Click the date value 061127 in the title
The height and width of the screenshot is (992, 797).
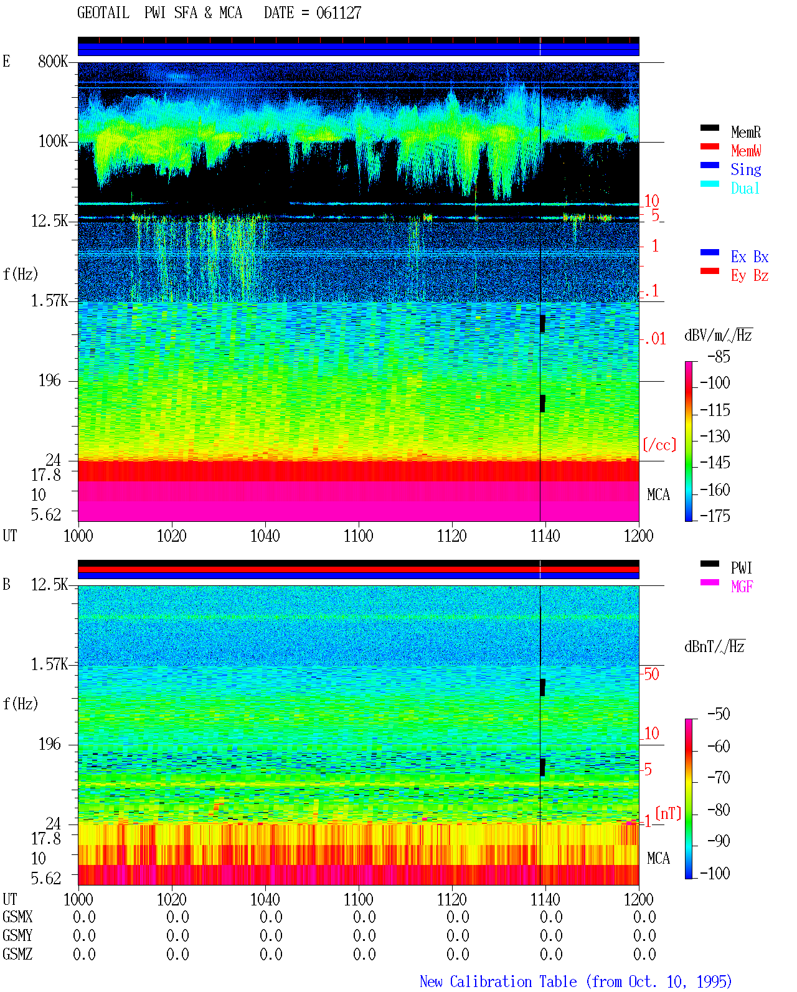tap(338, 13)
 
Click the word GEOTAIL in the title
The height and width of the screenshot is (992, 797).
tap(103, 13)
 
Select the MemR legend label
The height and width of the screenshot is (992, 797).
tap(746, 132)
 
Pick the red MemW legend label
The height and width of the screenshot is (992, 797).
tap(746, 151)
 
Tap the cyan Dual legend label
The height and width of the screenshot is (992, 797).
tap(745, 188)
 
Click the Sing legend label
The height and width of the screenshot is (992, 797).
tap(746, 169)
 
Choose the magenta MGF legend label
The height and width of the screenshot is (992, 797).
tap(742, 587)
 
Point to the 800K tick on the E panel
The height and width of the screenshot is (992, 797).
tap(52, 61)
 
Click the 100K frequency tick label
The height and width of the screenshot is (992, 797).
tap(52, 141)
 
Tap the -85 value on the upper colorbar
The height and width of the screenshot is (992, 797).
tap(719, 356)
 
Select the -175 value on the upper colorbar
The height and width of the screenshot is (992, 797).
tap(715, 516)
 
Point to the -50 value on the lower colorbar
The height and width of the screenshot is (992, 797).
tap(719, 714)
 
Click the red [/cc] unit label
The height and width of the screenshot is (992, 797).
tap(659, 445)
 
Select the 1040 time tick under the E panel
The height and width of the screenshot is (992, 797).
tap(265, 536)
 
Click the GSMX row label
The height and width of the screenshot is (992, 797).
tap(17, 917)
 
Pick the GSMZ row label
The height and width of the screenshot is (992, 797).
tap(17, 954)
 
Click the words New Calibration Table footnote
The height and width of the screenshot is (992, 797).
tap(498, 981)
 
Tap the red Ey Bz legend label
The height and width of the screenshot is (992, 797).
tap(750, 276)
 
